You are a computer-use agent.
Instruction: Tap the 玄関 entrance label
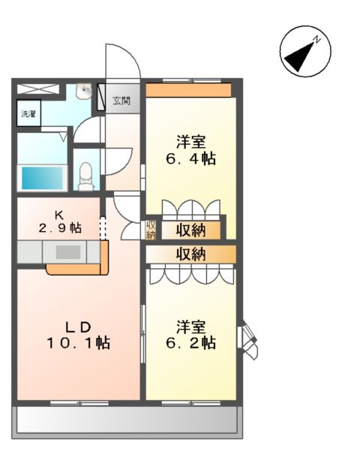point(121,100)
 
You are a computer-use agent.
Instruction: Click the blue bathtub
point(42,178)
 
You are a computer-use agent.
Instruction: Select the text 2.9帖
point(60,228)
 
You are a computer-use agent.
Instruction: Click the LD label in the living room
point(76,327)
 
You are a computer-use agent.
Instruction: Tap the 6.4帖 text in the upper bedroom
point(191,158)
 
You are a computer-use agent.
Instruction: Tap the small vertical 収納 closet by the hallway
point(151,230)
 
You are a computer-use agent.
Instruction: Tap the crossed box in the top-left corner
point(37,89)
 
